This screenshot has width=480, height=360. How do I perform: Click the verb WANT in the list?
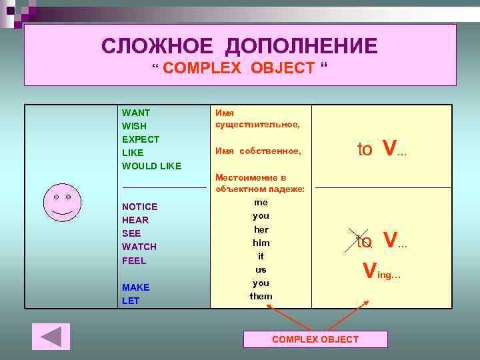click(136, 113)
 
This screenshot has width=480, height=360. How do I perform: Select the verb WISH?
click(134, 126)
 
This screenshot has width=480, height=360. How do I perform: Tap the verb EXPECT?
click(141, 139)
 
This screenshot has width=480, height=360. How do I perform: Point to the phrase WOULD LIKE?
click(151, 166)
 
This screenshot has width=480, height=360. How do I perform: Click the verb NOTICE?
click(140, 207)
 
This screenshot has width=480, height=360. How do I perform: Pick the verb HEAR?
click(135, 220)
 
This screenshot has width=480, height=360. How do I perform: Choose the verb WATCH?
click(139, 247)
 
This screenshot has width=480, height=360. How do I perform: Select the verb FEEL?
click(134, 261)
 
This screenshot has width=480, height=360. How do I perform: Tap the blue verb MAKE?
click(136, 287)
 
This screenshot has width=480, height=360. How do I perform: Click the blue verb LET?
click(131, 301)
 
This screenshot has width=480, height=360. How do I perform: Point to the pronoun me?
click(261, 202)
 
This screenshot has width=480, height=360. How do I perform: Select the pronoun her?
click(261, 229)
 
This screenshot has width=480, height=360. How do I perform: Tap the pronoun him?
click(261, 243)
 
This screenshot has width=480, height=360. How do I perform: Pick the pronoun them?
click(261, 296)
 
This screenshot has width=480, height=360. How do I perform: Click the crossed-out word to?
click(365, 241)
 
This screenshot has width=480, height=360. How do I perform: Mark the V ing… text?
click(381, 271)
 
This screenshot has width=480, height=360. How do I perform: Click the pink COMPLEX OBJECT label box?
click(315, 339)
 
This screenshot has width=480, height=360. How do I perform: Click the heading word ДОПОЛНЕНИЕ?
click(301, 46)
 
